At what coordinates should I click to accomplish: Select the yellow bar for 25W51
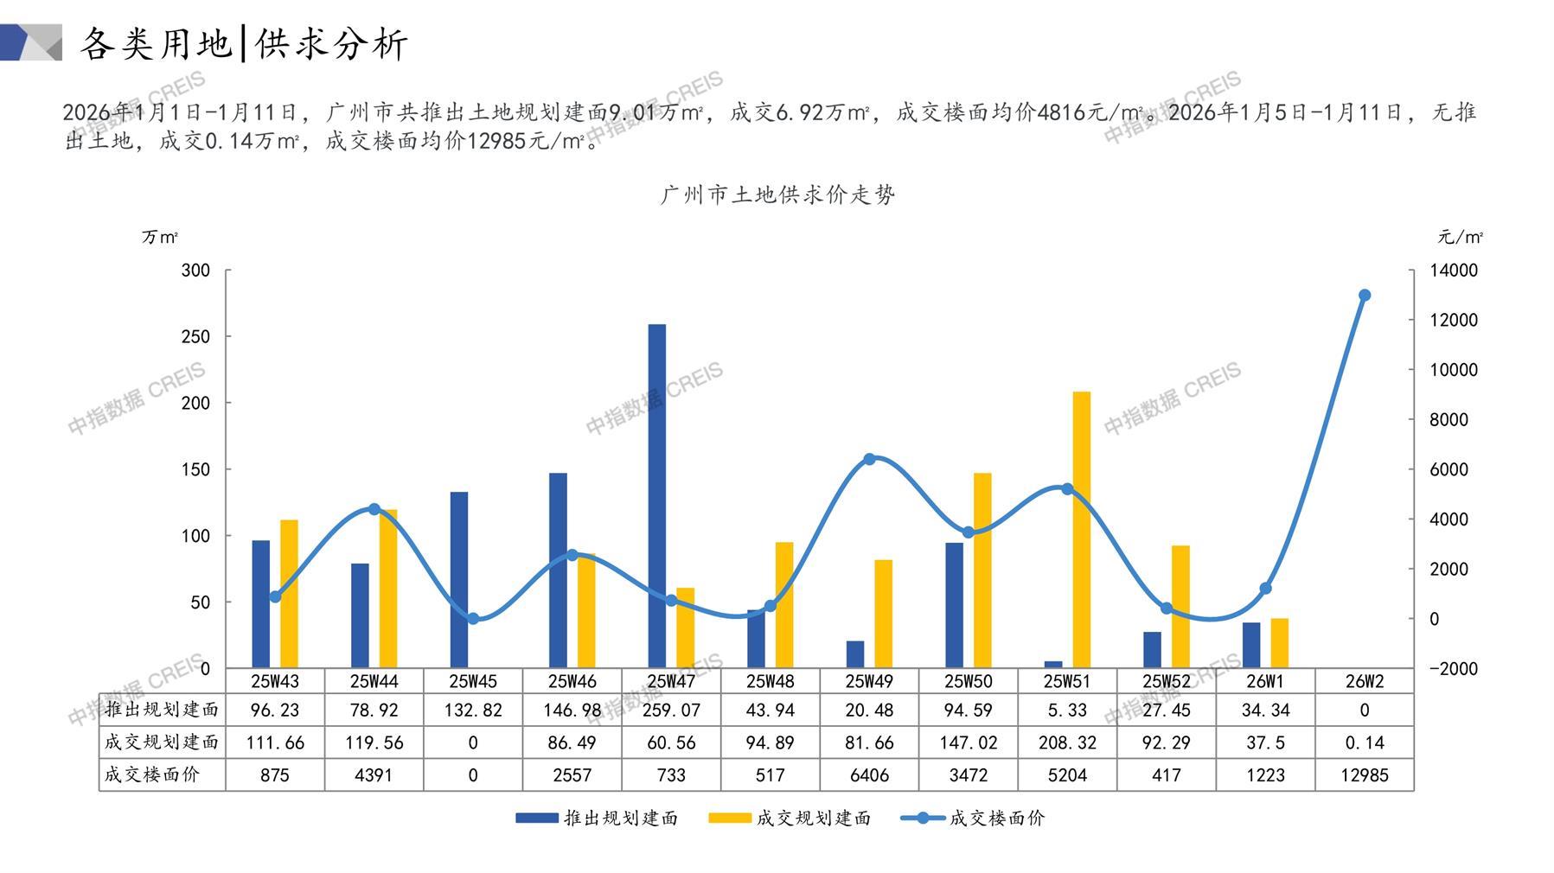[1081, 529]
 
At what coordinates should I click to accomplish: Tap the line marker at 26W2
[1365, 296]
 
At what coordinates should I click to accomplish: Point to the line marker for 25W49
[870, 459]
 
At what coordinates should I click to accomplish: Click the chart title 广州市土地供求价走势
[777, 195]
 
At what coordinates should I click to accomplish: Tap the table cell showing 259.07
[671, 711]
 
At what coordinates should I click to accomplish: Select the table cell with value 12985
[1365, 775]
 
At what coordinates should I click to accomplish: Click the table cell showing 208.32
[1067, 742]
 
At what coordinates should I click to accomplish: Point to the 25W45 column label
[473, 681]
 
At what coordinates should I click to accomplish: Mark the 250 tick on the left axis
[195, 336]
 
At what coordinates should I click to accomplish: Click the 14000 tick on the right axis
[1454, 271]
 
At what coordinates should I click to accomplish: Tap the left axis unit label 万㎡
[160, 237]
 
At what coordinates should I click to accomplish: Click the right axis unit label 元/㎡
[1460, 237]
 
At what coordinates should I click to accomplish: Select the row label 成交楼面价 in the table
[152, 774]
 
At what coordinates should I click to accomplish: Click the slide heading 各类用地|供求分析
[244, 43]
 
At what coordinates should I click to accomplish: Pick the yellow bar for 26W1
[1280, 643]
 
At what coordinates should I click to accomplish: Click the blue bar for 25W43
[261, 603]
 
